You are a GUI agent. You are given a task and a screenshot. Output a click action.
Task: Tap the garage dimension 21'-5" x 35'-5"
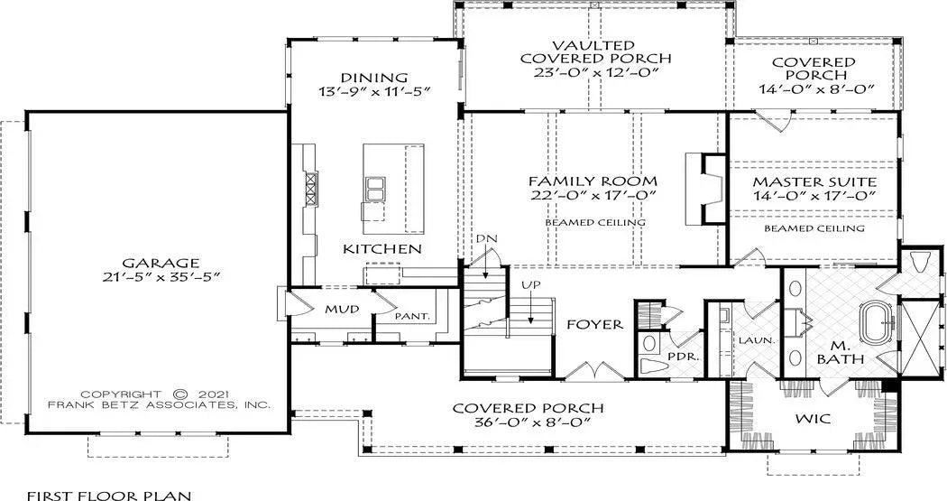(x=150, y=275)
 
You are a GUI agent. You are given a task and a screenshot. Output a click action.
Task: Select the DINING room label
(x=375, y=78)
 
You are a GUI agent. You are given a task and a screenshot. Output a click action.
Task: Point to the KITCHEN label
(x=382, y=248)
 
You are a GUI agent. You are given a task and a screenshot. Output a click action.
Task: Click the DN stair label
(x=486, y=237)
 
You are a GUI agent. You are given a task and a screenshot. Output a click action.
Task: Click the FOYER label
(x=593, y=324)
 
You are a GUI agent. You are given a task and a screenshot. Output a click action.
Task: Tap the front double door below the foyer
(x=591, y=370)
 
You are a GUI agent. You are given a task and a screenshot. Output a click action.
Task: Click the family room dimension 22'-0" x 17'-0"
(x=593, y=195)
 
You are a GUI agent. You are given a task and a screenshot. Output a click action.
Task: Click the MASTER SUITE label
(x=814, y=181)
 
